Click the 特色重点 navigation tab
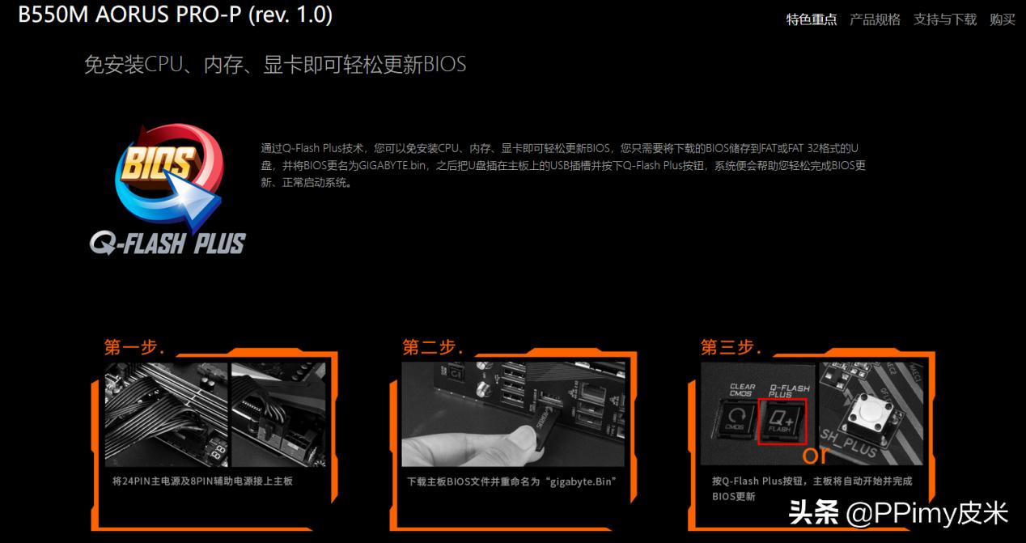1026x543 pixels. click(812, 19)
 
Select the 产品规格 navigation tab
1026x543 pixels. click(875, 19)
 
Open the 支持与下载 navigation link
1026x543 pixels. click(944, 19)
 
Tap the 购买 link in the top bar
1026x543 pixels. click(1002, 19)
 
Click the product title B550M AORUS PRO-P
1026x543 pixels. click(175, 15)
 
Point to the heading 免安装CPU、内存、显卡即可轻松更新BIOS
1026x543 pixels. click(275, 65)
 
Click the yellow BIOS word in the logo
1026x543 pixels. click(157, 164)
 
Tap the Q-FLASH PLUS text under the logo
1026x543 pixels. click(167, 242)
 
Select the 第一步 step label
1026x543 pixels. click(134, 348)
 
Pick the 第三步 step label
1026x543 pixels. click(731, 348)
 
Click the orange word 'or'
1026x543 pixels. click(816, 455)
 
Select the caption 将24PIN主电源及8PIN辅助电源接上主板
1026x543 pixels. click(202, 481)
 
